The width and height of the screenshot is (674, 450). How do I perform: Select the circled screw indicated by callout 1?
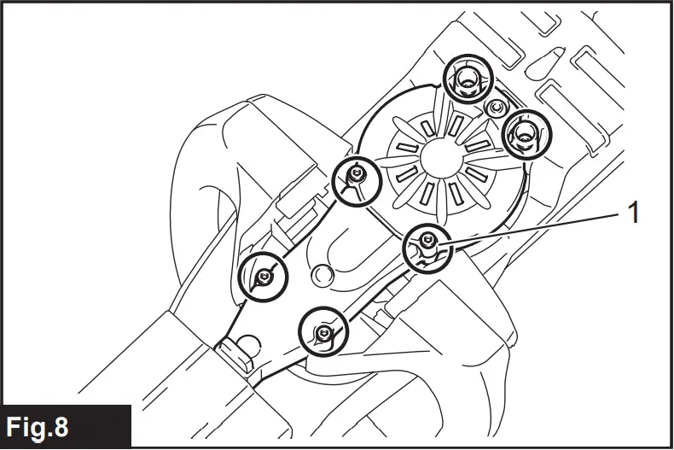(x=426, y=248)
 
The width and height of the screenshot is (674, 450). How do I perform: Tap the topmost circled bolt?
(x=467, y=81)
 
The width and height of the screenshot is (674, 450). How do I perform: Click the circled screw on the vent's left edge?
(x=355, y=178)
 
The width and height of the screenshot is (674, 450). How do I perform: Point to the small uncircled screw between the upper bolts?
(x=495, y=108)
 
